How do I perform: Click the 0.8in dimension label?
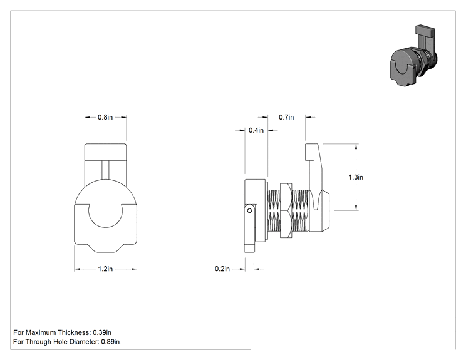(x=105, y=117)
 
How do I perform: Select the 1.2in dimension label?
(x=105, y=269)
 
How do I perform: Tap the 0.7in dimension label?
(x=286, y=117)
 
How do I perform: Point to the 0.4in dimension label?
(x=256, y=130)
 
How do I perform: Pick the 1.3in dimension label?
(x=356, y=177)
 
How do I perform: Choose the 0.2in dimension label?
(x=222, y=269)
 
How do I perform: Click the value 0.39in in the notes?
(x=102, y=332)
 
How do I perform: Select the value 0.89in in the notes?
(x=110, y=342)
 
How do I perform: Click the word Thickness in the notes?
(x=75, y=332)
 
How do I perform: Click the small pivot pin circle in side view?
(x=250, y=210)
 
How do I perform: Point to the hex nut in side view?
(x=286, y=210)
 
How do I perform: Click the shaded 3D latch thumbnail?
(x=413, y=56)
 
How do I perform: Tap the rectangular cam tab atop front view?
(x=105, y=152)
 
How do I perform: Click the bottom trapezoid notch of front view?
(x=105, y=249)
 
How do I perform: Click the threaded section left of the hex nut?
(x=274, y=210)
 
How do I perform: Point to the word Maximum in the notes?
(x=41, y=332)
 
